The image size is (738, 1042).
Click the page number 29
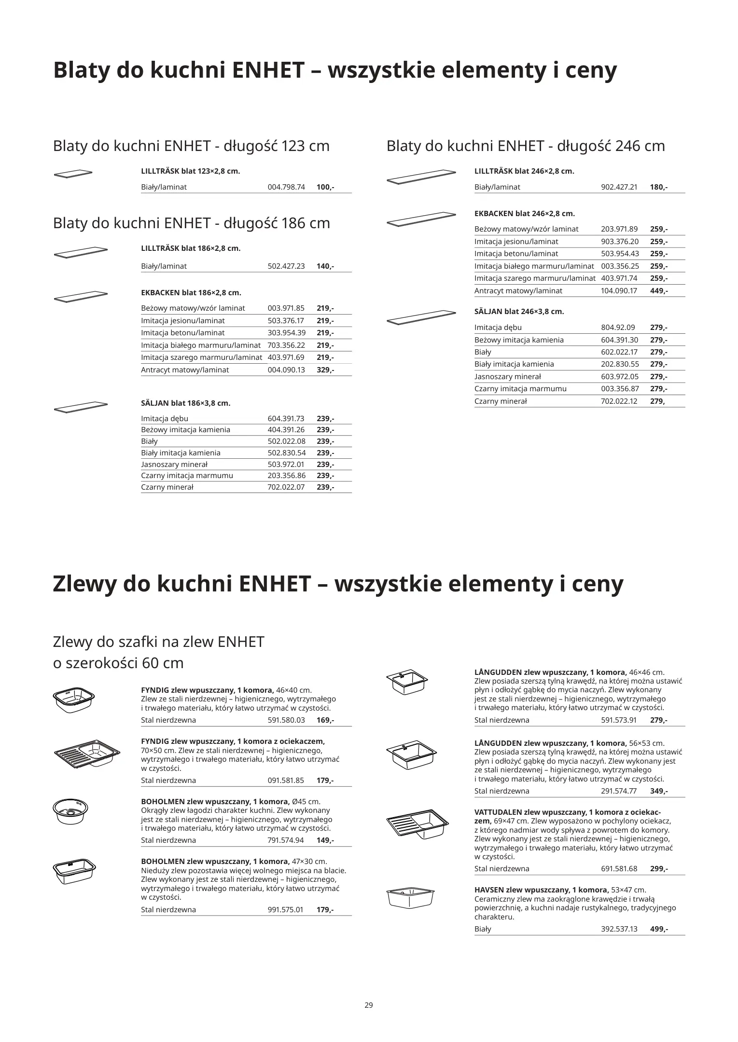point(369,1006)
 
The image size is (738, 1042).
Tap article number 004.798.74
point(286,187)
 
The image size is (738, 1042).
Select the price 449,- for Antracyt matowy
point(659,291)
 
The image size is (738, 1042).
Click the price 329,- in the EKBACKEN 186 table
point(325,370)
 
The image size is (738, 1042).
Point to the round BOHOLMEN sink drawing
point(70,811)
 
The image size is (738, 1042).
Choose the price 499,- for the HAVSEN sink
point(659,929)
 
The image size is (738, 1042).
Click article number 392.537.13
point(619,929)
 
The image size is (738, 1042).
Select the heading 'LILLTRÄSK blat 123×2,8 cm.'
point(190,171)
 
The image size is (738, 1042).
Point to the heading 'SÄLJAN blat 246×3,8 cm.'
point(519,312)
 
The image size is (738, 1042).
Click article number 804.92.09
point(618,328)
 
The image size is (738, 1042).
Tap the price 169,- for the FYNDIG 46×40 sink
point(325,720)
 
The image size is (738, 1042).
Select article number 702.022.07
point(286,487)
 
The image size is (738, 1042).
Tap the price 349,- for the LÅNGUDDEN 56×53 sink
point(659,791)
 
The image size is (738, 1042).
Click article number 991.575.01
point(286,910)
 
